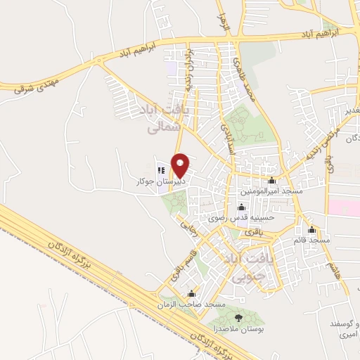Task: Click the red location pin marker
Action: tap(180, 165)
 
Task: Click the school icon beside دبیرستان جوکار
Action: tap(161, 170)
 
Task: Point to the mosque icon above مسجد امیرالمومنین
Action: tap(271, 181)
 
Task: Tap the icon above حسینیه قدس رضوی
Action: tap(242, 207)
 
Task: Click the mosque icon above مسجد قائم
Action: tap(311, 230)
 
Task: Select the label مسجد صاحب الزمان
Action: tap(192, 304)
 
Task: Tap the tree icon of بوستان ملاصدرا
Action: tap(239, 317)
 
